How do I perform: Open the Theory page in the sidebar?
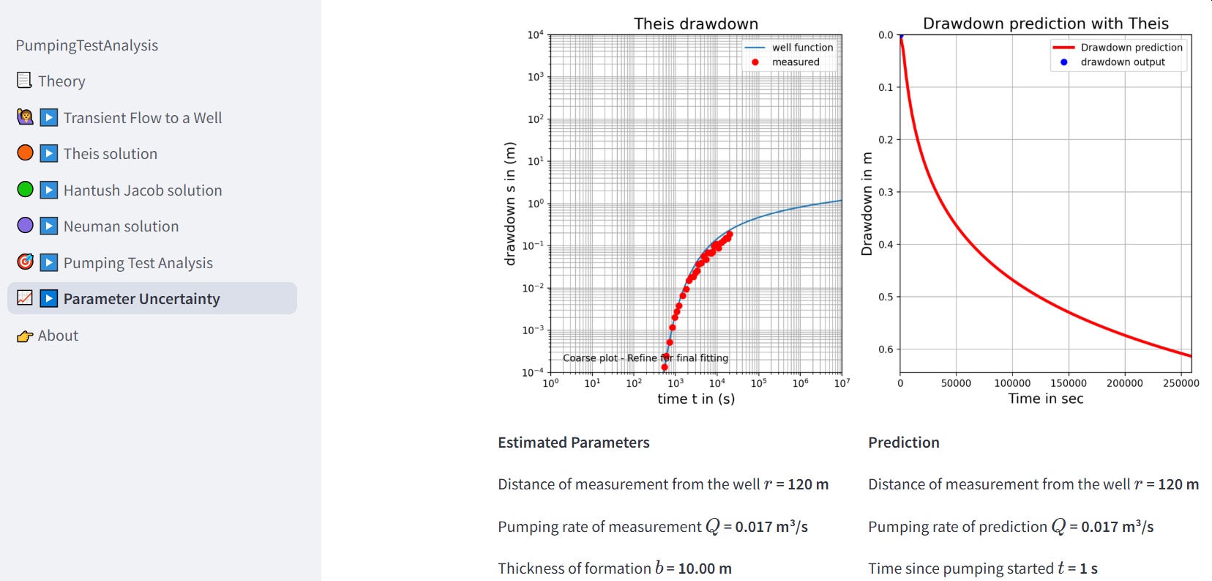tap(61, 81)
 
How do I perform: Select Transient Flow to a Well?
tap(142, 118)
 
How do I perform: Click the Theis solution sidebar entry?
tap(110, 154)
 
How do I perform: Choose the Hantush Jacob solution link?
tap(142, 190)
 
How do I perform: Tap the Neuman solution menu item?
tap(121, 226)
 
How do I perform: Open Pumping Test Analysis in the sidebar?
tap(138, 263)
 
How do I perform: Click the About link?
tap(58, 336)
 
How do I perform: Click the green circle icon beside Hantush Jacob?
tap(25, 190)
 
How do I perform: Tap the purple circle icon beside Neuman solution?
tap(25, 226)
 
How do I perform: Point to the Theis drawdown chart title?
tap(695, 23)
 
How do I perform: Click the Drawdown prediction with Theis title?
tap(1045, 23)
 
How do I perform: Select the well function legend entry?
tap(802, 48)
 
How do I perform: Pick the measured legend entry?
tap(796, 62)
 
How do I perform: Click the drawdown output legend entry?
tap(1122, 62)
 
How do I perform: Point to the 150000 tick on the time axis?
tap(1068, 383)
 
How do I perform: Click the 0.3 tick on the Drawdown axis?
tap(886, 192)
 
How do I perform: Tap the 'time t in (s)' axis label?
tap(695, 399)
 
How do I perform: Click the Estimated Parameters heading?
tap(573, 443)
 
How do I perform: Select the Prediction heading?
tap(903, 443)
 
